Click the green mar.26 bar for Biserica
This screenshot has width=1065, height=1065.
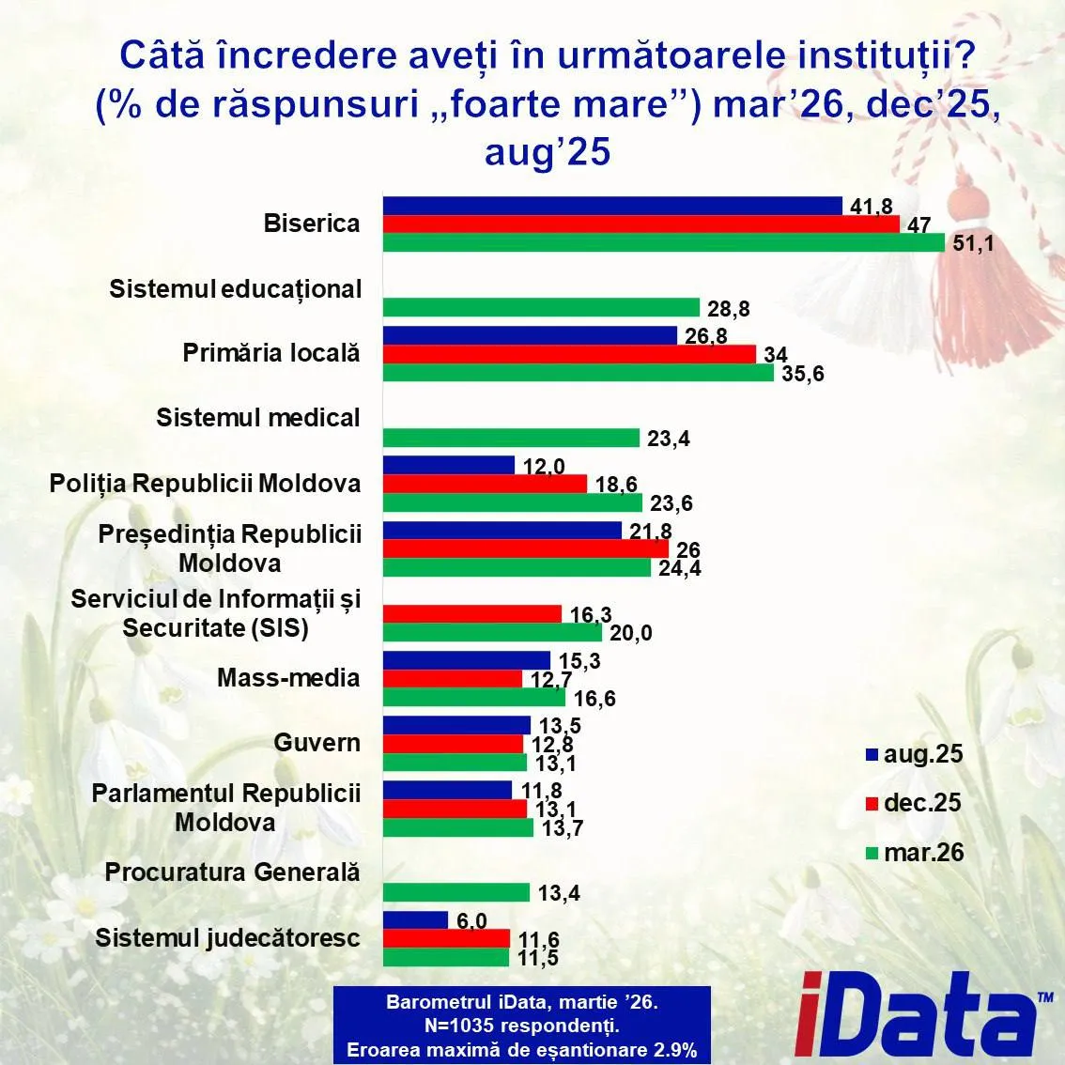pos(663,242)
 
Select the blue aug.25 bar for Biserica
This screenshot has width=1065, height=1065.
pos(611,206)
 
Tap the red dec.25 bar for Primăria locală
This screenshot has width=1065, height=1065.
pos(569,353)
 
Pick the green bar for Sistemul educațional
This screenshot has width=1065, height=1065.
pos(541,307)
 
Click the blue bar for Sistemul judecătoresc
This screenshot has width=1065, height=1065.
pos(414,920)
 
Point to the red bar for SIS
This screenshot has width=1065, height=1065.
pos(471,613)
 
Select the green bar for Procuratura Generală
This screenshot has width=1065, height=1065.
pos(455,892)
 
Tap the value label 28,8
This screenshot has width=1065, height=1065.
pos(728,308)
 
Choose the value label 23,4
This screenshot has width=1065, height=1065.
pos(668,439)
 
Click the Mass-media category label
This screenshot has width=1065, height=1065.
pos(287,677)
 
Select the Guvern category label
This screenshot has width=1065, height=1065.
pos(316,742)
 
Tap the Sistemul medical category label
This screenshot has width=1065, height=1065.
pos(257,417)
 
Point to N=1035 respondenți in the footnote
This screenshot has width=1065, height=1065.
pos(521,1026)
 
